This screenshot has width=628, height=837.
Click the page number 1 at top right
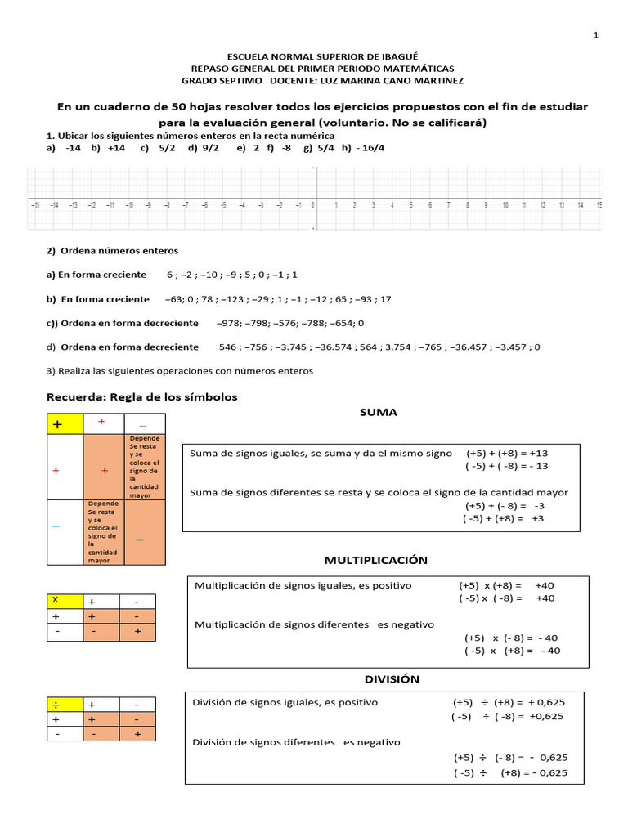(x=596, y=35)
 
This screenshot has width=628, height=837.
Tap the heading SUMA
(x=378, y=412)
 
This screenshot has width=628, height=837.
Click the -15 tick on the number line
(x=34, y=206)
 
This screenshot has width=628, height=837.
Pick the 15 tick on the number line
(x=599, y=206)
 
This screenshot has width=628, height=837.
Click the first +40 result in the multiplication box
(x=544, y=585)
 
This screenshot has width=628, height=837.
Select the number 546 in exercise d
(x=228, y=347)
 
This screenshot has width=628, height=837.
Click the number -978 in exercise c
(x=228, y=323)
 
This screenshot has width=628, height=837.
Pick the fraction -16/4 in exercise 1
(x=371, y=148)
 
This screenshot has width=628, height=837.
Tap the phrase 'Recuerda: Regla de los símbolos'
(x=141, y=397)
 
